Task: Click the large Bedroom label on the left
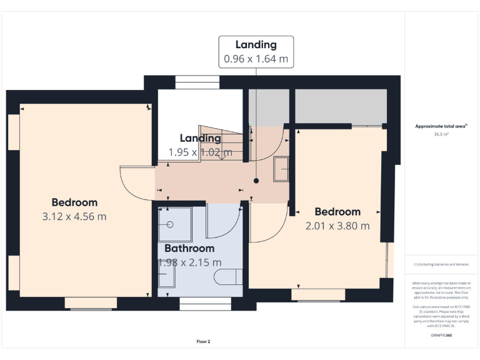coord(74,202)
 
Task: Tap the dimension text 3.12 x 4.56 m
coord(74,217)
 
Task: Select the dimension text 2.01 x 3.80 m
coord(337,226)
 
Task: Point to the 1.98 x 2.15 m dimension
coord(189,262)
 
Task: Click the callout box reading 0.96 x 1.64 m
coord(256,59)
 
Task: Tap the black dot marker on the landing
coord(256,181)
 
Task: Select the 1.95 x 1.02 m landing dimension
coord(200,152)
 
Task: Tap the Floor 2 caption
coord(204,342)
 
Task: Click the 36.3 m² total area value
coord(441,133)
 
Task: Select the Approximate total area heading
coord(441,126)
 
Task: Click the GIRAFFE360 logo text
coord(441,336)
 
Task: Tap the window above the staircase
coord(197,82)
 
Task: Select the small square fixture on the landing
coord(281,169)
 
